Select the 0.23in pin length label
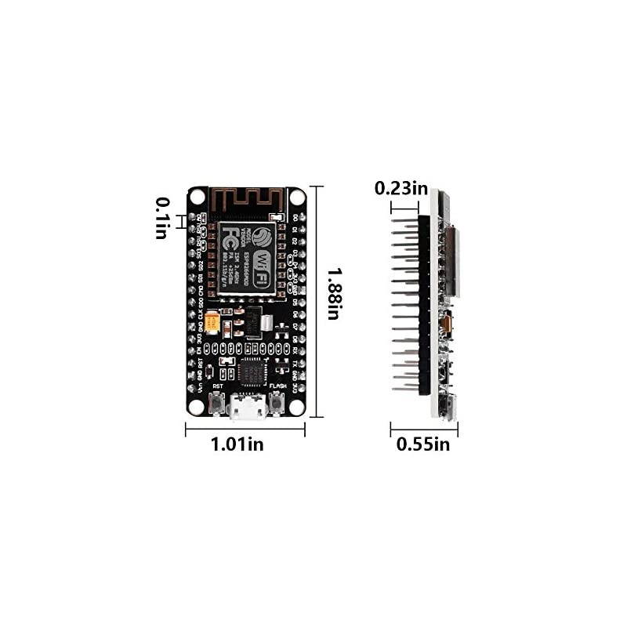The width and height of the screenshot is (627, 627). pyautogui.click(x=401, y=188)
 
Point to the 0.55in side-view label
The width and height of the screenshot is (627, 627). pyautogui.click(x=423, y=444)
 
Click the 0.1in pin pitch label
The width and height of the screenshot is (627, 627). pyautogui.click(x=161, y=219)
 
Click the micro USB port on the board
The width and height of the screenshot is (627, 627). pyautogui.click(x=246, y=406)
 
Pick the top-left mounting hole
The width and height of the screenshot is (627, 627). pyautogui.click(x=197, y=196)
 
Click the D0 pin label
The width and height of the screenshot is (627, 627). pyautogui.click(x=295, y=218)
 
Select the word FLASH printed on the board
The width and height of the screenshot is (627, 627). pyautogui.click(x=277, y=386)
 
